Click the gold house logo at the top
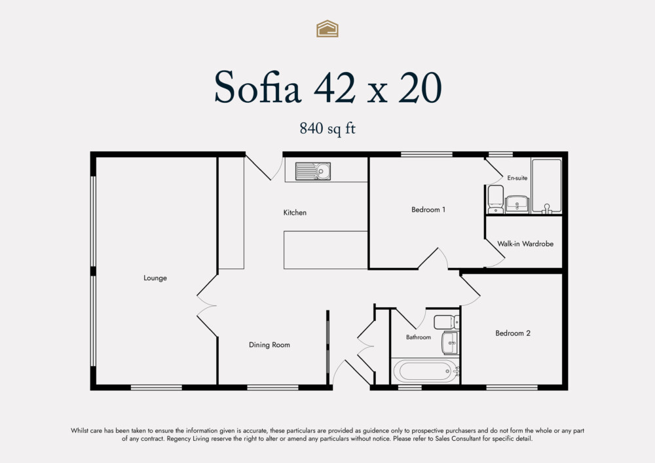point(327,28)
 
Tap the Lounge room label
point(155,278)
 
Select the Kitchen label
point(295,212)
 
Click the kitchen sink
point(313,172)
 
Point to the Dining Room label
point(269,344)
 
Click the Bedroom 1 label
point(428,210)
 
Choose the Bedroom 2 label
point(513,333)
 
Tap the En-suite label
point(517,177)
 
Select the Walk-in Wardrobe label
point(525,244)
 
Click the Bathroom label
point(419,337)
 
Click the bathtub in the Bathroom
point(425,371)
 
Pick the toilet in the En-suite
point(496,199)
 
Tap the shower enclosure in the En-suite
point(546,185)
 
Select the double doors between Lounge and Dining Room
point(208,306)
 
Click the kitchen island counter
point(326,250)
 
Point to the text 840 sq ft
point(327,128)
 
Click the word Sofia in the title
point(257,88)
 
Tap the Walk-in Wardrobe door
point(495,257)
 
